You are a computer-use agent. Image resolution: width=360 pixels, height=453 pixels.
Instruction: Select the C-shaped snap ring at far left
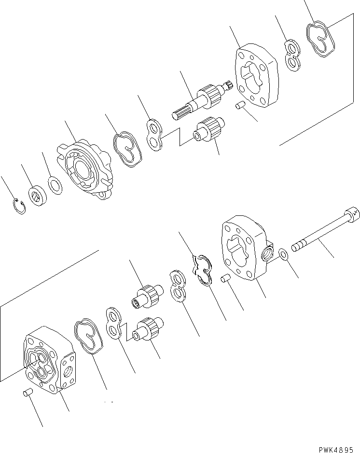pyautogui.click(x=18, y=206)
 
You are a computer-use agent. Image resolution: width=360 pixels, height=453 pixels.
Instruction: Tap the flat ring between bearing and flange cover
pyautogui.click(x=55, y=185)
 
